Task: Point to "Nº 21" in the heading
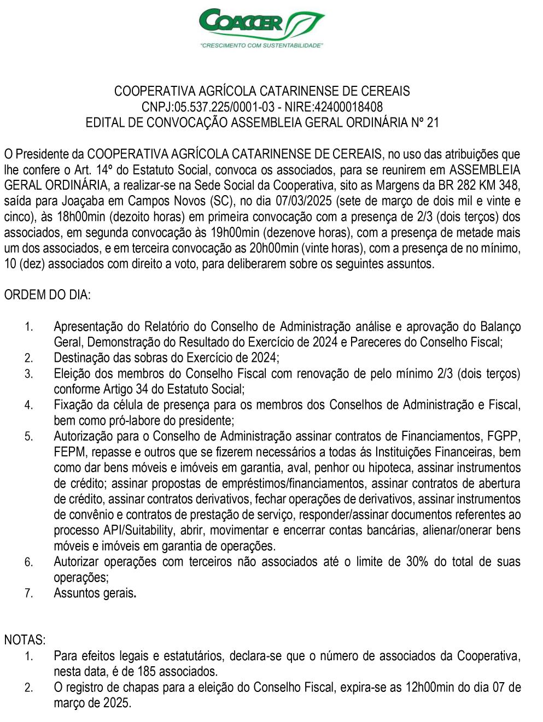pos(425,122)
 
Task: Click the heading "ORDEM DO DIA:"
pos(48,296)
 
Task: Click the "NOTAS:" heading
pos(25,639)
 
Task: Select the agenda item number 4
pos(29,406)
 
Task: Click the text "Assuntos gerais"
pos(94,593)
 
